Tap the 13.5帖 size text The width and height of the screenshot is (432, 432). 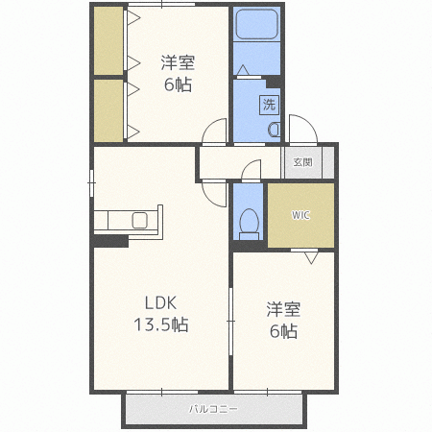(x=160, y=324)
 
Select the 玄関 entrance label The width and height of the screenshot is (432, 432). (x=302, y=162)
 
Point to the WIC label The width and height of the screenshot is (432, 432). (x=300, y=214)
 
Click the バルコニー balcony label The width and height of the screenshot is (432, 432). (x=212, y=410)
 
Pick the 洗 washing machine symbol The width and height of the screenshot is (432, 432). (x=269, y=103)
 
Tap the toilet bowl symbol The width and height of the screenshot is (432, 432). (x=250, y=222)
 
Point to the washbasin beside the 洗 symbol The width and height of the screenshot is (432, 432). (x=273, y=129)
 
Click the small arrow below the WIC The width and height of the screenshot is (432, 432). (x=311, y=257)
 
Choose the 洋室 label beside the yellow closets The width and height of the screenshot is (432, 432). (x=177, y=63)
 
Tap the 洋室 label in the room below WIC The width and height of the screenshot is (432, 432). (x=283, y=310)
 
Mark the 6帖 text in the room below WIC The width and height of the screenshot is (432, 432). (x=283, y=331)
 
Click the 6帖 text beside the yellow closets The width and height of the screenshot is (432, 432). (x=177, y=84)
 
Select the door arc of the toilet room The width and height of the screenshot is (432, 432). (x=252, y=169)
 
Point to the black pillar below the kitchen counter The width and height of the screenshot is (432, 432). (x=110, y=240)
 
